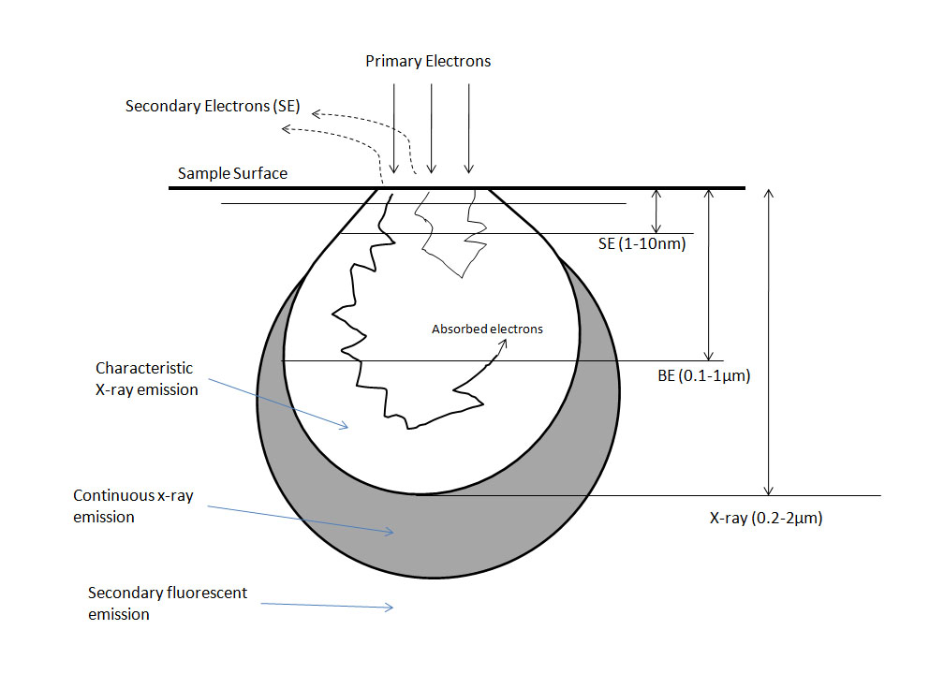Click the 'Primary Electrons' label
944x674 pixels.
click(428, 62)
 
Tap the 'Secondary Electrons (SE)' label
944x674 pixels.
click(213, 107)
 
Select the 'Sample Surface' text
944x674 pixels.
click(233, 174)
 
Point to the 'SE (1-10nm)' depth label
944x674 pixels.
click(642, 244)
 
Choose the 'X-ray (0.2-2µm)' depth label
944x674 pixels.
click(765, 516)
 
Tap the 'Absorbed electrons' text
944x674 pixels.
click(487, 330)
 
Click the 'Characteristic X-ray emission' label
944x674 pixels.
click(147, 379)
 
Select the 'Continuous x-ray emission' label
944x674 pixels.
click(133, 505)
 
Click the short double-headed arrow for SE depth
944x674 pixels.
click(657, 211)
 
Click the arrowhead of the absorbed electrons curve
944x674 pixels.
click(506, 342)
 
